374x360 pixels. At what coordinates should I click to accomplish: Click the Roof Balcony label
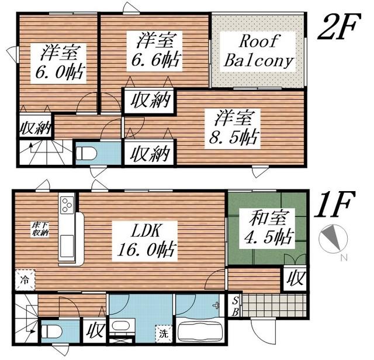coord(258,51)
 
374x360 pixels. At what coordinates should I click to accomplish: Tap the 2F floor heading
coord(339,26)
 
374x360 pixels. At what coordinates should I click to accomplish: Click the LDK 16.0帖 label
coord(145,241)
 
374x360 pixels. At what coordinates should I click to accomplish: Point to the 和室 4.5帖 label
coord(268,229)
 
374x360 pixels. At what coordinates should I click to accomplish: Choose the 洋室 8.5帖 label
coord(233,129)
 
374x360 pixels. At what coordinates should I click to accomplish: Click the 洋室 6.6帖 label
coord(155,51)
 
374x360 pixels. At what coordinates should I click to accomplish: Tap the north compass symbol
coord(333,239)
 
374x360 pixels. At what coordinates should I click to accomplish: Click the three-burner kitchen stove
coord(67,205)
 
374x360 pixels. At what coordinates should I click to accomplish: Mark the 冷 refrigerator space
coord(25,280)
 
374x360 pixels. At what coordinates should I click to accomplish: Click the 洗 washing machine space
coord(164,334)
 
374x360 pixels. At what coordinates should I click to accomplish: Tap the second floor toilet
coord(86,154)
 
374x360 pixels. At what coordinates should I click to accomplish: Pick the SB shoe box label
coord(235,306)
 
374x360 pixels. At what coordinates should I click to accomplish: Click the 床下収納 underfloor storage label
coord(40,229)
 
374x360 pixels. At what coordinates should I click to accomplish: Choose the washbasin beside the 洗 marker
coord(121,326)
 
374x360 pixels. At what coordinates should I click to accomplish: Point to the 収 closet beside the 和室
coord(295,278)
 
